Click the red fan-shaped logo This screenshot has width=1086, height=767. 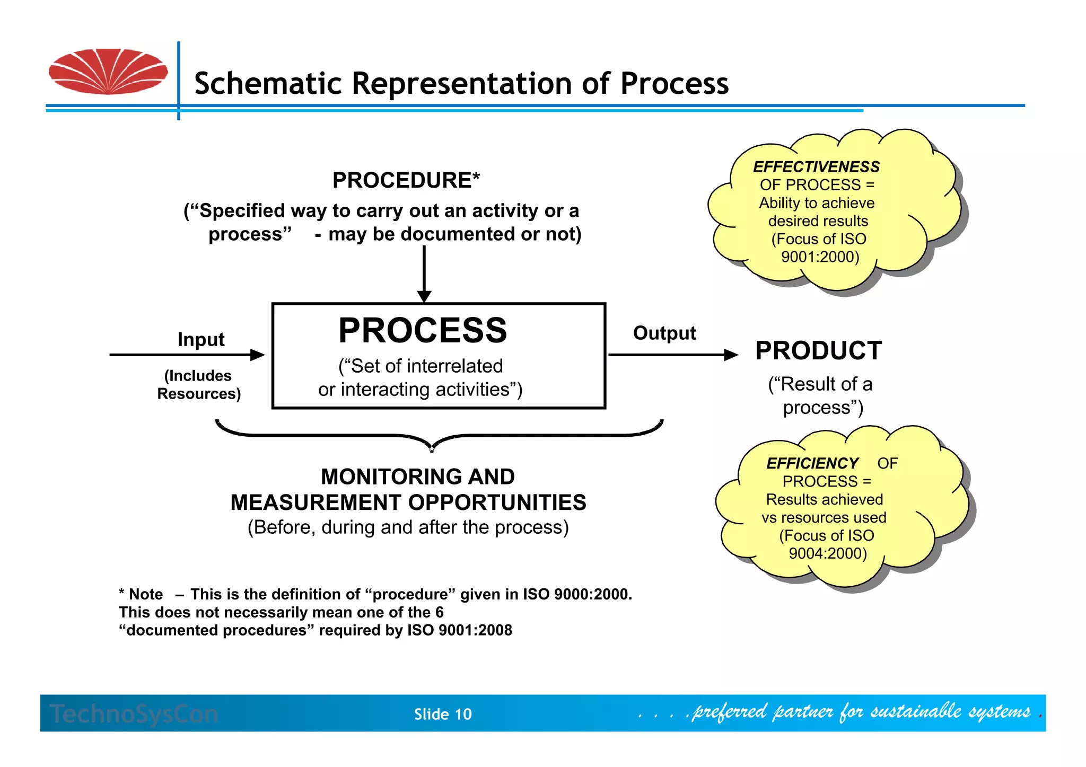tap(108, 72)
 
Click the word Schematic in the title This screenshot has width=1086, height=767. tap(267, 84)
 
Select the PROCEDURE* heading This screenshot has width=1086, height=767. tap(406, 180)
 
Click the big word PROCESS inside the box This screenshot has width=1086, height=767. tap(423, 330)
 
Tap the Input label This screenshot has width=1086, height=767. tap(201, 339)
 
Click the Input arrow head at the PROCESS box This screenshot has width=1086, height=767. tap(258, 355)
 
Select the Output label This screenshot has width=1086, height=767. tap(664, 333)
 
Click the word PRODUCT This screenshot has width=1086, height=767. tap(818, 351)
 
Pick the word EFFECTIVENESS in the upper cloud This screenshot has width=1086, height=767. tap(816, 167)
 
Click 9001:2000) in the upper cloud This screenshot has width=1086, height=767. tap(820, 257)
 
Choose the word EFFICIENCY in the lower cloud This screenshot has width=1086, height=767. tap(812, 463)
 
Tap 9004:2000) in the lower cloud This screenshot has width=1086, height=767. tap(827, 553)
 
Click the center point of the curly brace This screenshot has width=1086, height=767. tap(432, 448)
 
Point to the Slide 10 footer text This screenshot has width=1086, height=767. tap(443, 715)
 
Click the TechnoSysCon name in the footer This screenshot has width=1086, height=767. tap(134, 714)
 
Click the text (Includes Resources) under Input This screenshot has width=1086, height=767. tap(199, 385)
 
